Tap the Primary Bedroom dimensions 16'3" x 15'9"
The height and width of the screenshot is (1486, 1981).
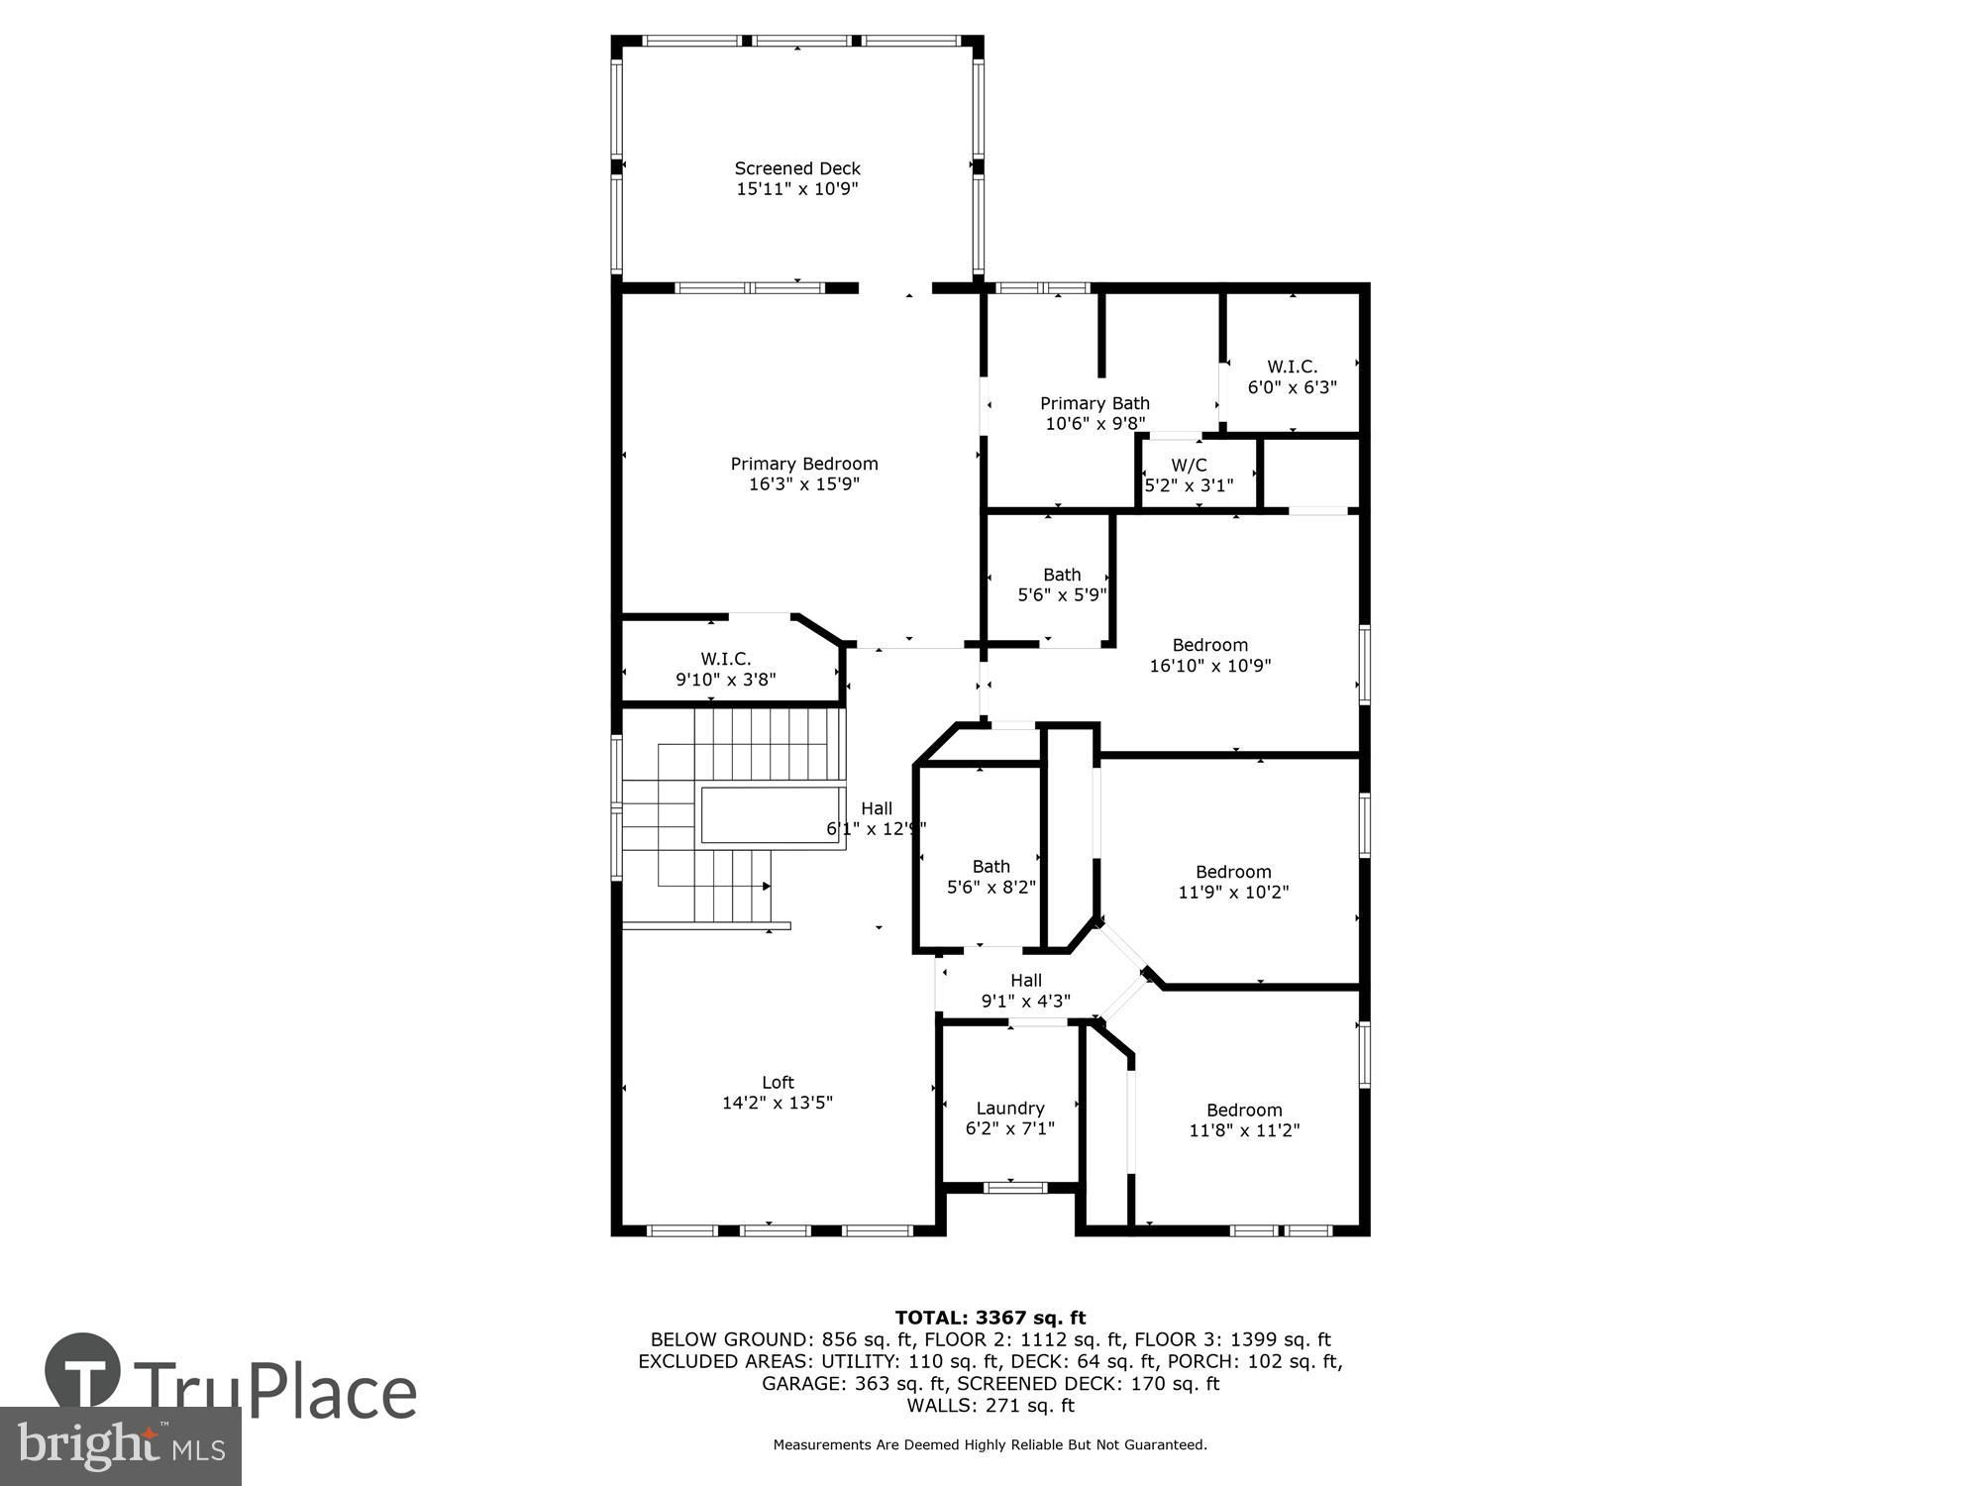804,484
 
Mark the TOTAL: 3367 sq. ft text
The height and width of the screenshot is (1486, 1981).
990,1318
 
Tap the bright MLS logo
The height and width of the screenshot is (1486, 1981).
121,1446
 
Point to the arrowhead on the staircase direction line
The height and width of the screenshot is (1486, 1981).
766,887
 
